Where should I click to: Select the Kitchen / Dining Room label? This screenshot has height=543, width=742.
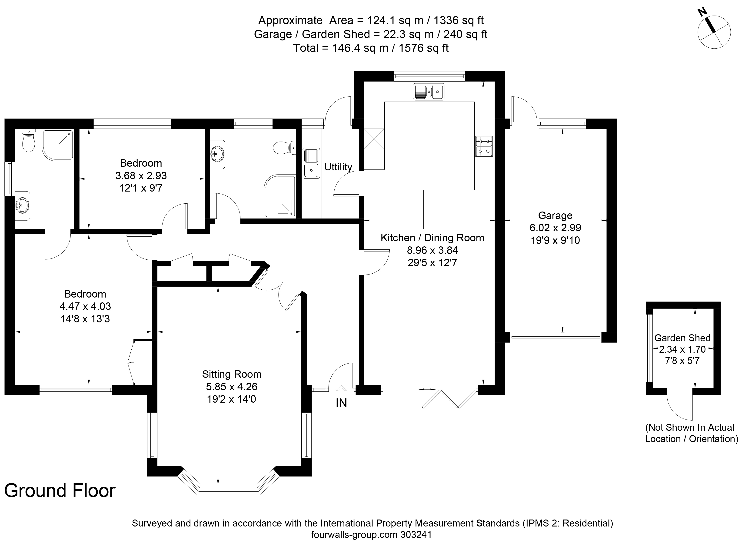coord(432,238)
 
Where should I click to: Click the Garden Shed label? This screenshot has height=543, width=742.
coord(682,338)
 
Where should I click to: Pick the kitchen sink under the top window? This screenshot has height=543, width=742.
coord(429,91)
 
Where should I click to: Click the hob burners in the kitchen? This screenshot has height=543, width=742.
coord(484,146)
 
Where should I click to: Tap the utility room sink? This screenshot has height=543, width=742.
coord(311,163)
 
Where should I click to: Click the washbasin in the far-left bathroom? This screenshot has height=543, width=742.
coord(22,206)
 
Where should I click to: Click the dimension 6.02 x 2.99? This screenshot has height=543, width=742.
coord(555,228)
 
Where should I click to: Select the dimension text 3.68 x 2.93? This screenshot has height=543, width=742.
coord(141,175)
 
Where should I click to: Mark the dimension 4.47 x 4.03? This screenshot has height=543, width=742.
coord(85,306)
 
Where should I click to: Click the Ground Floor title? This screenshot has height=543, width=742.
coord(60,491)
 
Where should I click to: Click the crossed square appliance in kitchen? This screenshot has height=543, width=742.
coord(374,139)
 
